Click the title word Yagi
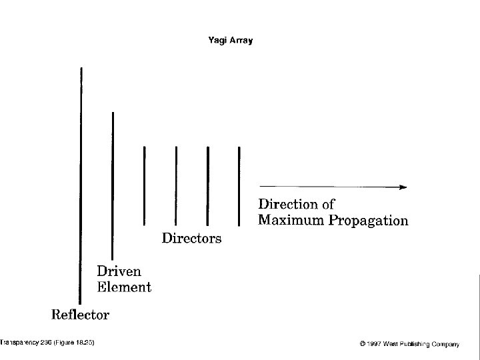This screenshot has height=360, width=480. pos(218,40)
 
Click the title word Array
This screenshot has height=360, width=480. pos(241,40)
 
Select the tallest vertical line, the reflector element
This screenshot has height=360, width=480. pos(81,187)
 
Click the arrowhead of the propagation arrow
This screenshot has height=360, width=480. pos(402,187)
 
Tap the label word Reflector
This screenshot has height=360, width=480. pos(81,313)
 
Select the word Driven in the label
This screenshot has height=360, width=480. pos(119,272)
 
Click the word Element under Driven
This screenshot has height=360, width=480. pos(124,287)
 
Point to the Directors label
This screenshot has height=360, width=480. pos(192,238)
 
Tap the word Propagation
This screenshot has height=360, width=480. pos(368,221)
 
